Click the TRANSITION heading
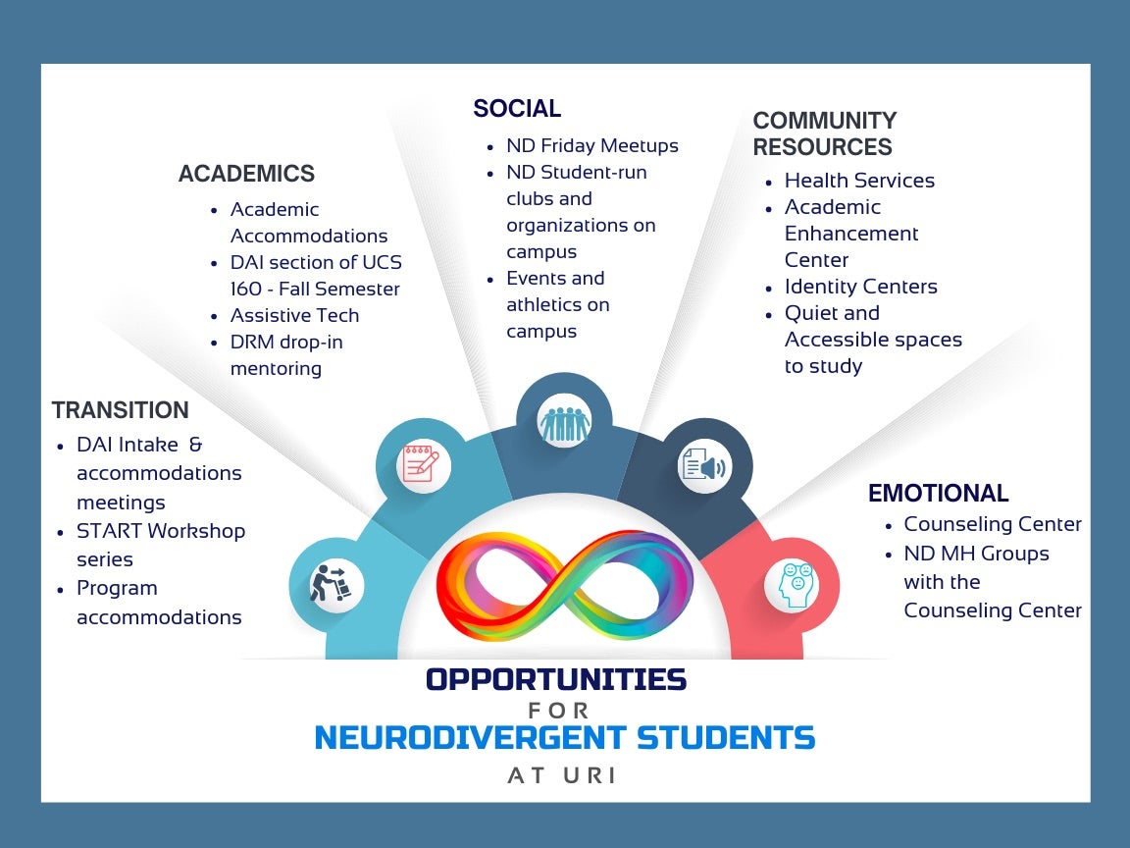point(121,409)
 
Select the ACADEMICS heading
point(246,174)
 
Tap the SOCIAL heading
point(517,108)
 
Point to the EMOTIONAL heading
point(939,494)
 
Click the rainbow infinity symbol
point(564,586)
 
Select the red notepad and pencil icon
point(422,463)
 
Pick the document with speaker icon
point(703,465)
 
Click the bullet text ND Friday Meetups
point(592,145)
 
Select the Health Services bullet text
point(859,181)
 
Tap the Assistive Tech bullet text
point(294,315)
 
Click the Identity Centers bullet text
point(860,287)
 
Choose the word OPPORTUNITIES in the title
point(556,679)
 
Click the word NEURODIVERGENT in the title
point(470,738)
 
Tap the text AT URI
point(562,775)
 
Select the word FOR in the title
point(559,711)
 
